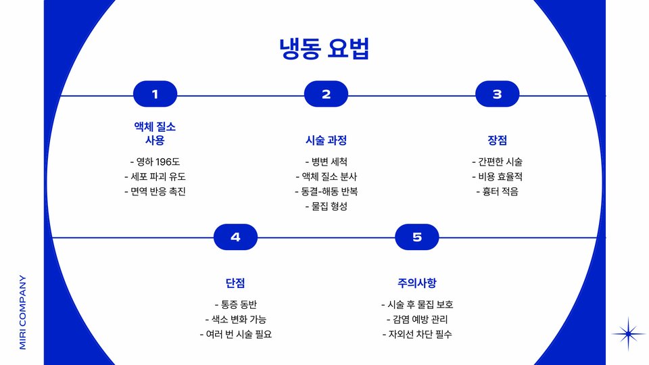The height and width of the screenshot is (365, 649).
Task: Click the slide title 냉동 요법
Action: [x=324, y=49]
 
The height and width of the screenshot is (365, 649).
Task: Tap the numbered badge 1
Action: [x=155, y=95]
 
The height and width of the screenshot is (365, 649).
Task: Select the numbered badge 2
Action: [x=326, y=95]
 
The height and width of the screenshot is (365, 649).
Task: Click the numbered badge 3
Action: [x=497, y=95]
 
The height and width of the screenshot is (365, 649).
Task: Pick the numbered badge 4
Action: [x=235, y=237]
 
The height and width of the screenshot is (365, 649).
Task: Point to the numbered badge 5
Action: [x=416, y=237]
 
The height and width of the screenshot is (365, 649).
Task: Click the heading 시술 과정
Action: [x=326, y=141]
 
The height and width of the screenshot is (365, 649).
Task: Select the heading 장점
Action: [x=497, y=141]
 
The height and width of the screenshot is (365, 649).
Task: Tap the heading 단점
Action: [x=235, y=283]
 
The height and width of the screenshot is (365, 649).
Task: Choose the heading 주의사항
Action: [x=416, y=283]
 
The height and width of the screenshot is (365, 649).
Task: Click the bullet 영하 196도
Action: [x=155, y=162]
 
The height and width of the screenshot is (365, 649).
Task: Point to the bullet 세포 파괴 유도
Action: [x=155, y=176]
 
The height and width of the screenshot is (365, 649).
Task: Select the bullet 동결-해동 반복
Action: [x=326, y=191]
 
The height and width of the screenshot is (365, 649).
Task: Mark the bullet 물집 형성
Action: [x=326, y=206]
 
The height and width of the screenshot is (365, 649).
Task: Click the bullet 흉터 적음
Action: [x=497, y=191]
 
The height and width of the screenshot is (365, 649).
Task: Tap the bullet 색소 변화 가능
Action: [x=235, y=319]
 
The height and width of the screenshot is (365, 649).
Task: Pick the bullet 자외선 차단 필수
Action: [x=416, y=334]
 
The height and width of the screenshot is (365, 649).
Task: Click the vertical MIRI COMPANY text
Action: [x=22, y=312]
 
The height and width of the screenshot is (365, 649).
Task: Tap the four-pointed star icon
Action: [x=629, y=333]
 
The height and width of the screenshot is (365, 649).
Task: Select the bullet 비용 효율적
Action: [x=497, y=176]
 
